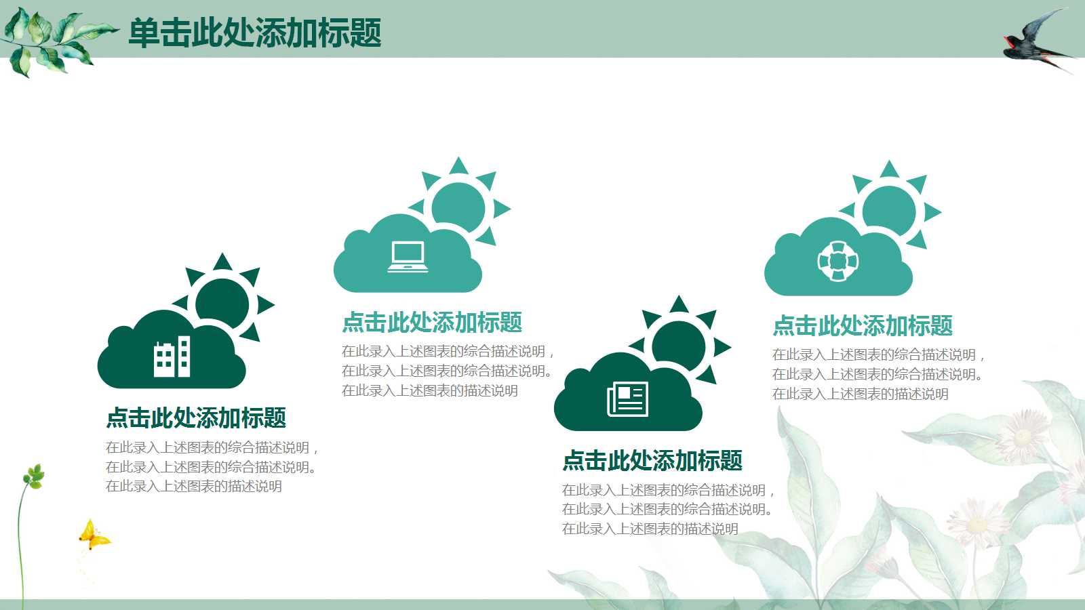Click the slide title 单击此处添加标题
coord(255,33)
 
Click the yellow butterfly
coord(94,535)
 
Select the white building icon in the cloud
coord(172,357)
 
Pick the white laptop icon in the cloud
coord(408,257)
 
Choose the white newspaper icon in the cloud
coord(628,399)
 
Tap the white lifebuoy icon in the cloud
coord(838,262)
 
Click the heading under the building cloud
coord(196,418)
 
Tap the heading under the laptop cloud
coord(432,323)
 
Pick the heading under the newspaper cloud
coord(652,460)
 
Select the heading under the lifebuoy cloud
coord(863,325)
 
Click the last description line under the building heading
coord(194,486)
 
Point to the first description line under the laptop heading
coord(448,351)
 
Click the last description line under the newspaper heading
coord(650,529)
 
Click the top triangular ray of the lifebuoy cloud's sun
coord(889,169)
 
